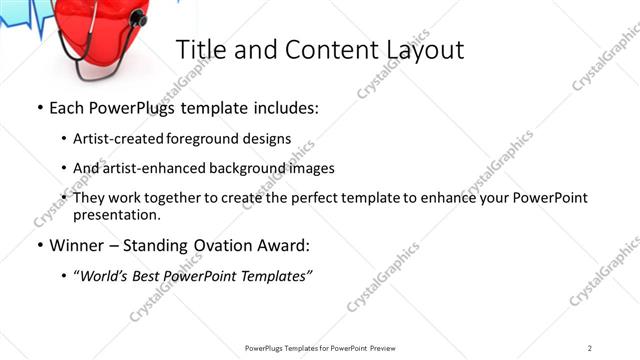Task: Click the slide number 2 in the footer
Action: (590, 347)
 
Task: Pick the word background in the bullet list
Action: (254, 168)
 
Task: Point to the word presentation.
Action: (116, 214)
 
